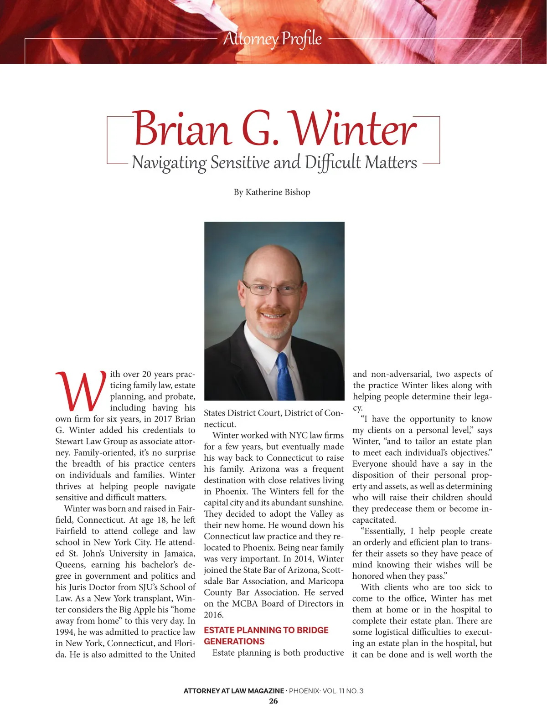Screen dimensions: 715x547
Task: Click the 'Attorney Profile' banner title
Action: [273, 39]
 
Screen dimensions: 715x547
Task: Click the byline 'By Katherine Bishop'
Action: [272, 192]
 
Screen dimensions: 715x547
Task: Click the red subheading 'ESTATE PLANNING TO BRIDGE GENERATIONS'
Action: [266, 636]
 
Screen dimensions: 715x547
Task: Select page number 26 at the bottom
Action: [273, 701]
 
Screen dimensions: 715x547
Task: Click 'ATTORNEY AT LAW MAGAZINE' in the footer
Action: [233, 691]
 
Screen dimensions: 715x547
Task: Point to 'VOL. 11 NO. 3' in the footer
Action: [343, 691]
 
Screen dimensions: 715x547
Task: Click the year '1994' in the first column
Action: [65, 632]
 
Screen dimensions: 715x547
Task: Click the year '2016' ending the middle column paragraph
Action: [213, 615]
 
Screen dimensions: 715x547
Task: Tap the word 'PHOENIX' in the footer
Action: [304, 691]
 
